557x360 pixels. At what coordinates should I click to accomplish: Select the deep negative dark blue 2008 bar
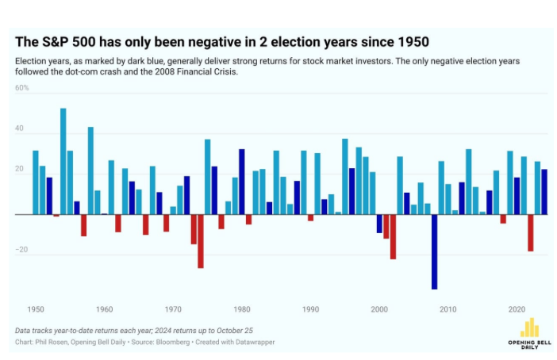(x=434, y=251)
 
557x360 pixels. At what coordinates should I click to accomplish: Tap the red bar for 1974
(x=201, y=241)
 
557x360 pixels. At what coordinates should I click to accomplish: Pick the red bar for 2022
(x=530, y=232)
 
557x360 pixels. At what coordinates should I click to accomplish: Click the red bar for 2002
(x=393, y=236)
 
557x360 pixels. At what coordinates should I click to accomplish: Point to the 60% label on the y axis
(x=21, y=88)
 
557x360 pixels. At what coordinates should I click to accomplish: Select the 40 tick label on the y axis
(x=21, y=129)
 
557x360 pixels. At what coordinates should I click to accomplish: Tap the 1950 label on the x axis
(x=36, y=309)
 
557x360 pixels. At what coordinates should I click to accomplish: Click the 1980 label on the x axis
(x=242, y=309)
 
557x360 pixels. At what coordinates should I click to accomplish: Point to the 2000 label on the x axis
(x=379, y=309)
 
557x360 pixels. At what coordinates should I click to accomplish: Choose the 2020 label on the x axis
(x=517, y=309)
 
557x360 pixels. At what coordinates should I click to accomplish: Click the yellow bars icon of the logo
(x=529, y=327)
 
